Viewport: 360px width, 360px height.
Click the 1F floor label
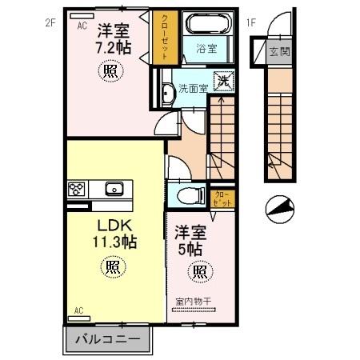point(250,23)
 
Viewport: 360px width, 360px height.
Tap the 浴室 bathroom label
point(206,49)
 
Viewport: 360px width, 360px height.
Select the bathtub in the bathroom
point(206,26)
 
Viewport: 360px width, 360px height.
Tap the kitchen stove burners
point(78,190)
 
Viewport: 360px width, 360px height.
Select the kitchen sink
point(113,190)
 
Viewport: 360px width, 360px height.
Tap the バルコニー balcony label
point(107,339)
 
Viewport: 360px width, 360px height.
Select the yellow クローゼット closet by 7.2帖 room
point(164,38)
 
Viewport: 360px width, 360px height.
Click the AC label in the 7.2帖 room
point(82,25)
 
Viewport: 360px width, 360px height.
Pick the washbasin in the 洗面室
point(166,94)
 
